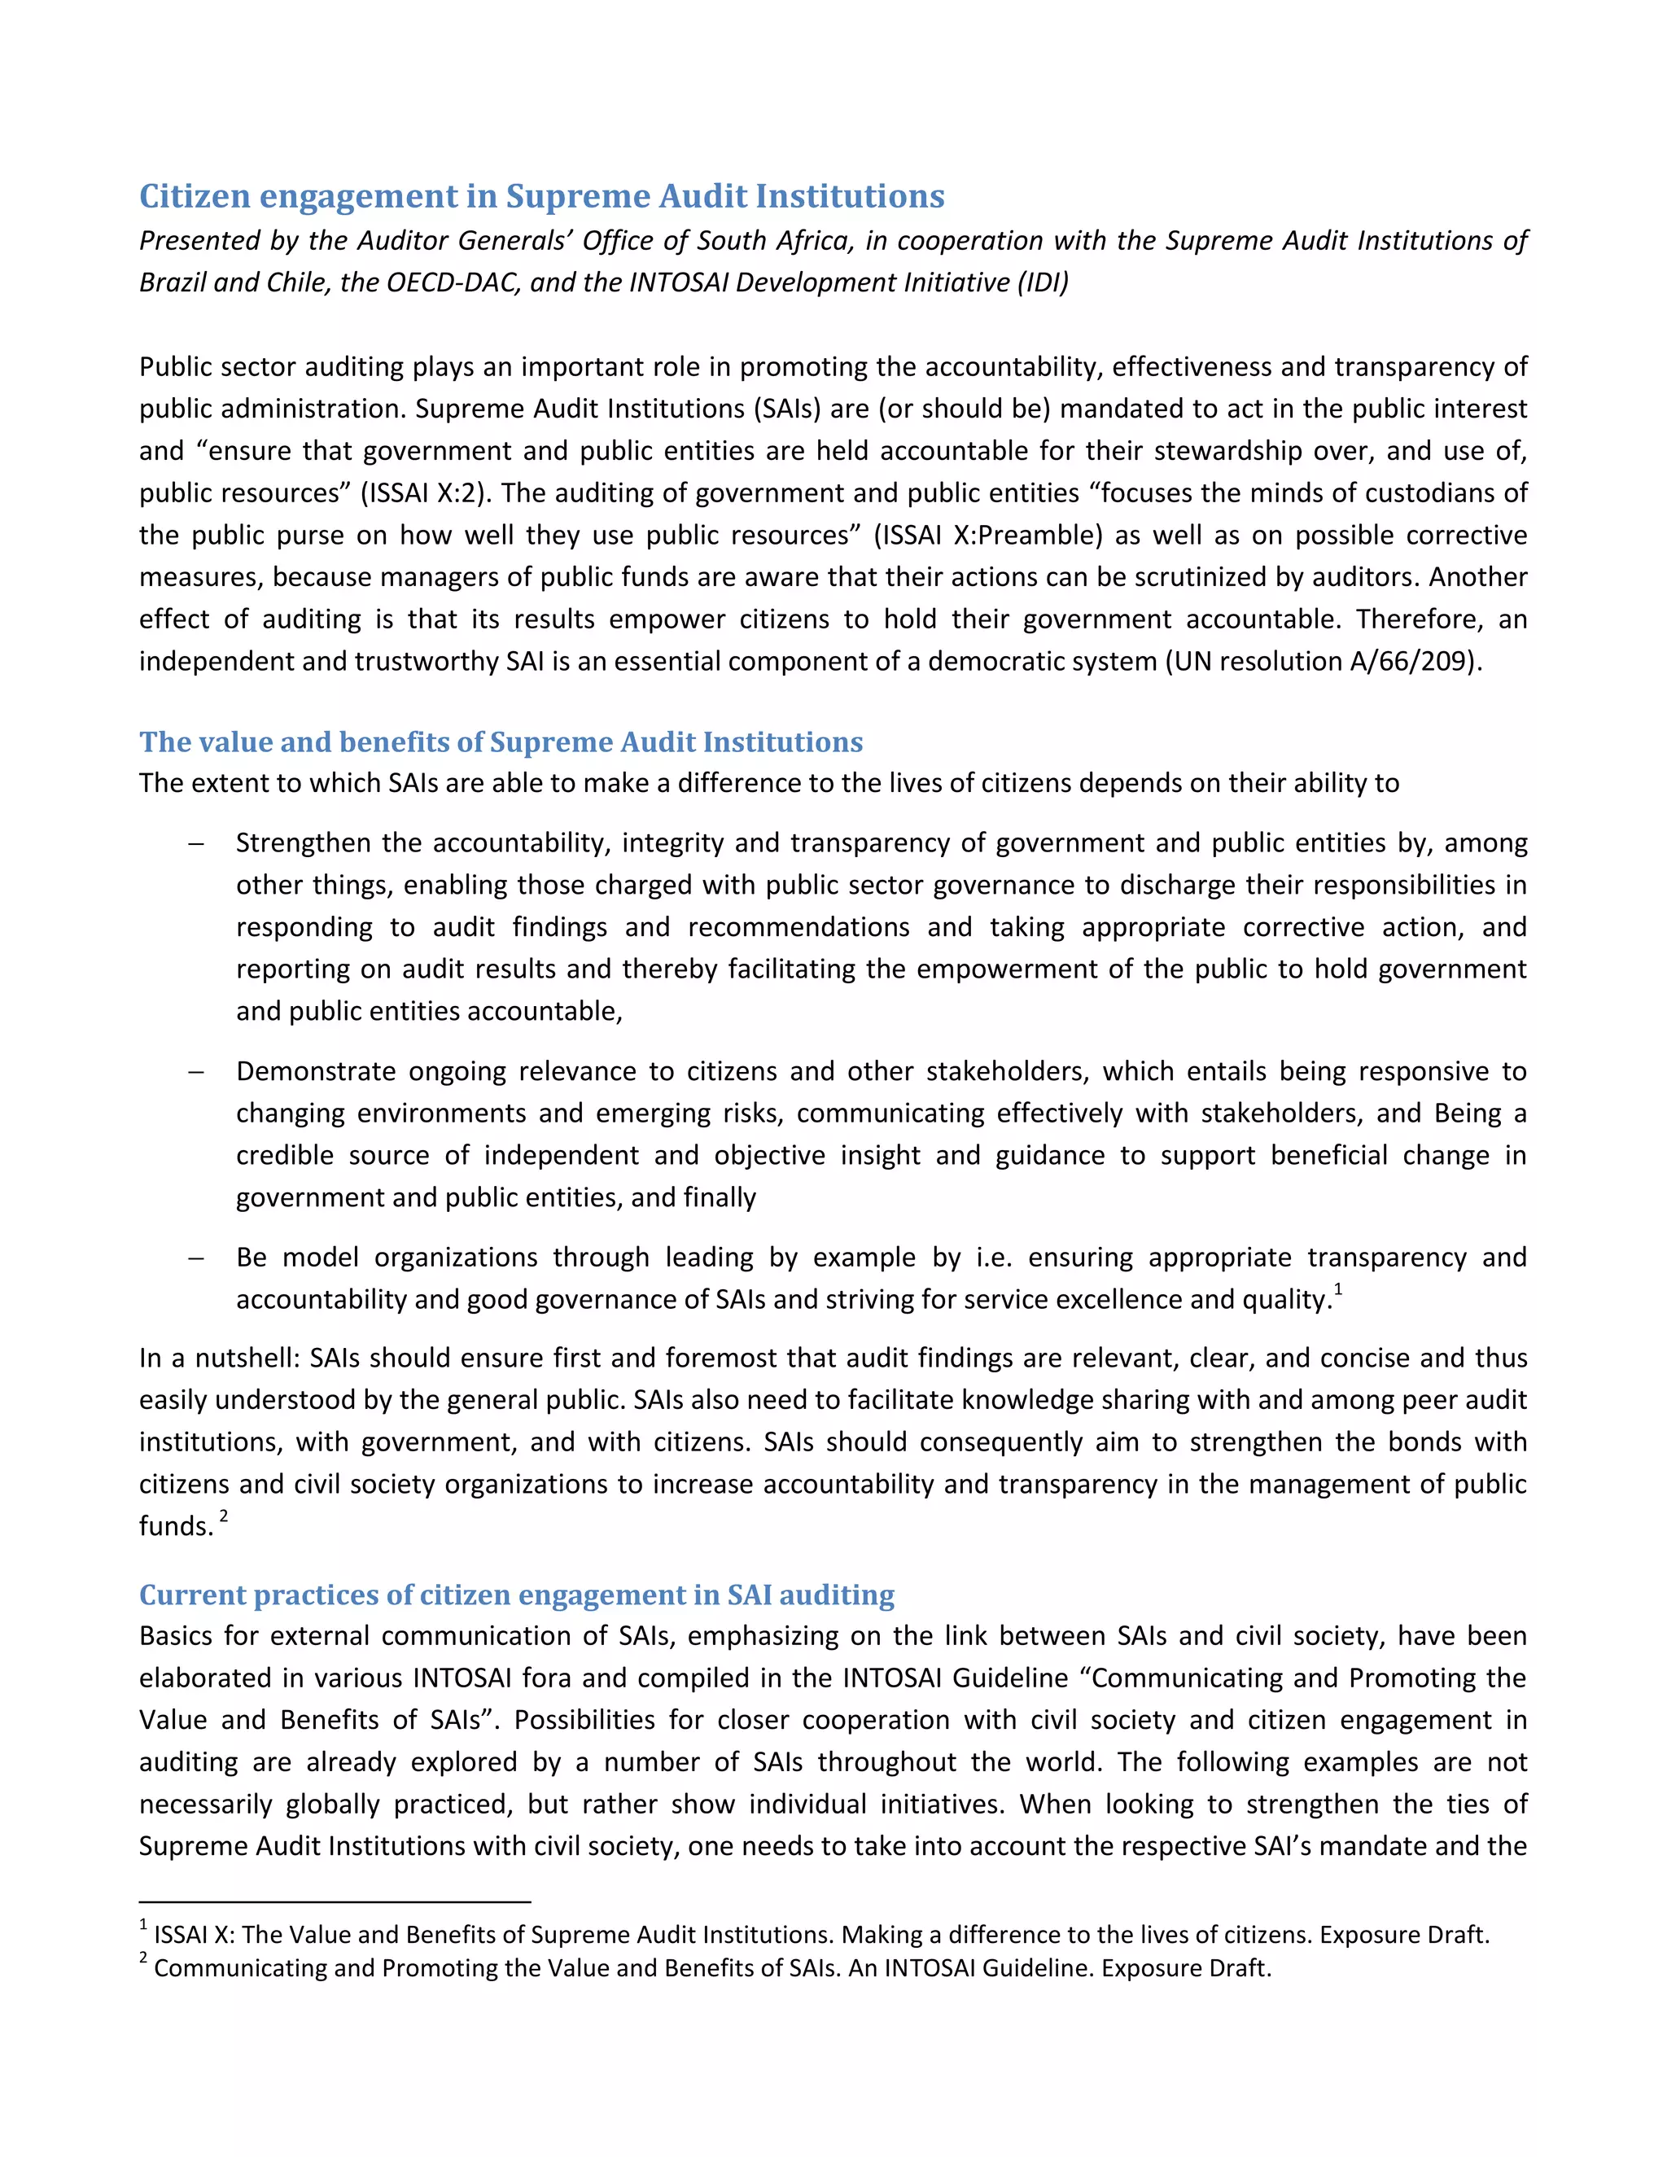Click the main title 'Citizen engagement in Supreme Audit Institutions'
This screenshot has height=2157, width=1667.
point(541,195)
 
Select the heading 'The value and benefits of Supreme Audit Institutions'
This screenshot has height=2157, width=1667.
point(501,742)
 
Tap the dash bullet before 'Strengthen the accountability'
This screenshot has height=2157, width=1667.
point(195,843)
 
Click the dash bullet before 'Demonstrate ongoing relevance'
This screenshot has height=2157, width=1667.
point(195,1072)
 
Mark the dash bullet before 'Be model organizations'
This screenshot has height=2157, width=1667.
point(195,1258)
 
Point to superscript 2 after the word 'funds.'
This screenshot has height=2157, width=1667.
point(224,1516)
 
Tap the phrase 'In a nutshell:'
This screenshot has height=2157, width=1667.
point(219,1358)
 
